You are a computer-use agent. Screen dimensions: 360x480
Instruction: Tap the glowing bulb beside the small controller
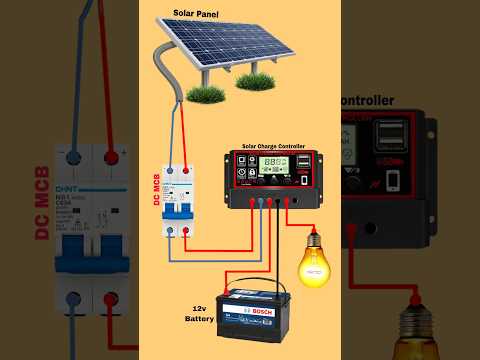(x=314, y=258)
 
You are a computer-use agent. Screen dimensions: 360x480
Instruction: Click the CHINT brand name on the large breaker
(x=67, y=190)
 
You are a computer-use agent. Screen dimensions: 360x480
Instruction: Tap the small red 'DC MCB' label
(x=157, y=189)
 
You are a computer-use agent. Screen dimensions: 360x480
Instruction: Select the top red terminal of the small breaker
(x=186, y=172)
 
